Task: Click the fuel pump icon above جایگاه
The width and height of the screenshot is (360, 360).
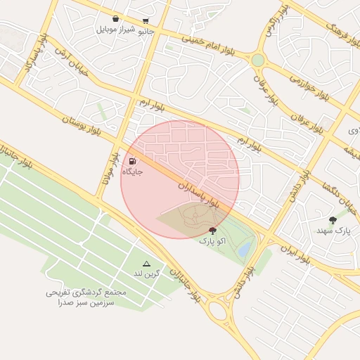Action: pos(134,161)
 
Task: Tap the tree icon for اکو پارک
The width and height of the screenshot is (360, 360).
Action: pos(212,230)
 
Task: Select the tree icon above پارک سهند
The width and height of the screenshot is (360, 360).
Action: pos(333,220)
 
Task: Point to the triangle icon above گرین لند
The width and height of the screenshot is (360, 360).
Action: pos(146,263)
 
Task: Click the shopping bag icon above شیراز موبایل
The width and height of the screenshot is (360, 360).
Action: pos(115,20)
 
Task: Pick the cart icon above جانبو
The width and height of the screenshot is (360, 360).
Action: pos(146,21)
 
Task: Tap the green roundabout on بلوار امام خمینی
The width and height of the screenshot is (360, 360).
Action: pos(258,60)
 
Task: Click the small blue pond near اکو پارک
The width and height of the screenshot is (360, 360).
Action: pos(245,249)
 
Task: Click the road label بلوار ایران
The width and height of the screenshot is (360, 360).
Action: pos(295,252)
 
